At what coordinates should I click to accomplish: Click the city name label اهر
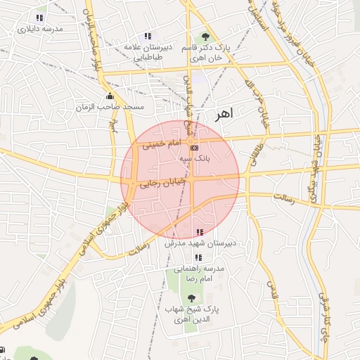click(224, 112)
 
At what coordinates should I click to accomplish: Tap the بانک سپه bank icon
click(195, 148)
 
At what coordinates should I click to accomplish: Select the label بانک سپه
click(195, 159)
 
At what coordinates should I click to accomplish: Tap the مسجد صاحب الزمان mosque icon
click(109, 96)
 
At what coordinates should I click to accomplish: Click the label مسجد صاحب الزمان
click(110, 107)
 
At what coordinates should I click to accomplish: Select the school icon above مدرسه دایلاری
click(39, 18)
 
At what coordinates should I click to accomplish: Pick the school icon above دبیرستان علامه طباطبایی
click(148, 36)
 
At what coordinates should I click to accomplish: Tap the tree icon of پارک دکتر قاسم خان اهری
click(205, 36)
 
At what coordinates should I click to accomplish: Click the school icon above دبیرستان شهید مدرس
click(200, 232)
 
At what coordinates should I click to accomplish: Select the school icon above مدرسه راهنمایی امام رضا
click(195, 257)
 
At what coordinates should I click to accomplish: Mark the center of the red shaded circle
click(180, 180)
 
